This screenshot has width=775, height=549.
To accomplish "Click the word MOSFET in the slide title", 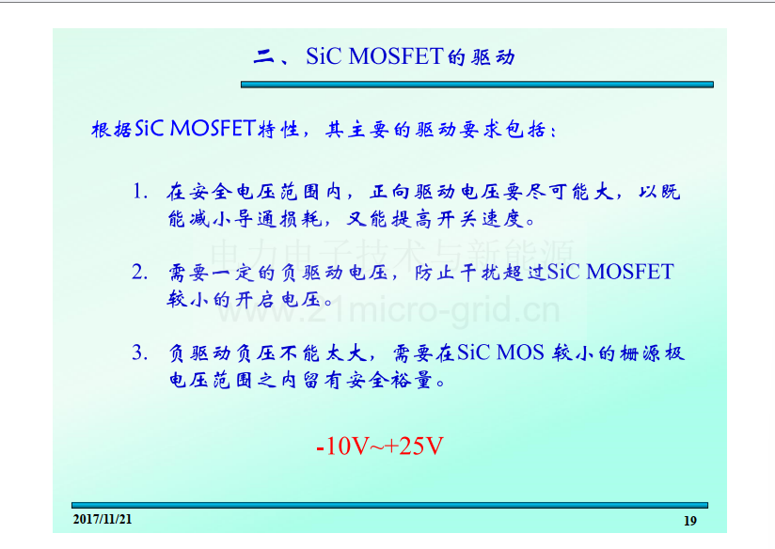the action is [x=395, y=56].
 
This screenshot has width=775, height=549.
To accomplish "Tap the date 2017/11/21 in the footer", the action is [x=103, y=519].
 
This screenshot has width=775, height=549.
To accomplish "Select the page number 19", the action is [x=690, y=521].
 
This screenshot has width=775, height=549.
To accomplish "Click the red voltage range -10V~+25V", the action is [x=380, y=446].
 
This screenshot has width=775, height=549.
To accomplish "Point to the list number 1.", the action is [x=140, y=192].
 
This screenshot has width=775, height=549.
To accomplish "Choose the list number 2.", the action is [x=139, y=273].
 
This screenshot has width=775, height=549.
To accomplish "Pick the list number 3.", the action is [x=139, y=353].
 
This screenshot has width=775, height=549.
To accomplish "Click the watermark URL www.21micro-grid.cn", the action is [x=388, y=310].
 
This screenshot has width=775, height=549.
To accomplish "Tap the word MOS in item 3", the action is [x=520, y=353].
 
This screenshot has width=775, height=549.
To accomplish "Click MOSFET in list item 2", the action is [x=630, y=273].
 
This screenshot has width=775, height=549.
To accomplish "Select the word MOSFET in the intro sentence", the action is [x=213, y=129].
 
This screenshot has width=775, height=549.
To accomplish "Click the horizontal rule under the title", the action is [x=477, y=85].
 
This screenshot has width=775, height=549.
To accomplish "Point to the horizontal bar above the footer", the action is [x=390, y=505].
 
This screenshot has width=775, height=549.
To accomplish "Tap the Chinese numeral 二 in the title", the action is [x=263, y=57].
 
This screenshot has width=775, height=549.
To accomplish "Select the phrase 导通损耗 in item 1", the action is [x=278, y=218].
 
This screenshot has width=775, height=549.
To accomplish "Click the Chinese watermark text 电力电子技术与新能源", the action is [x=392, y=254].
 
